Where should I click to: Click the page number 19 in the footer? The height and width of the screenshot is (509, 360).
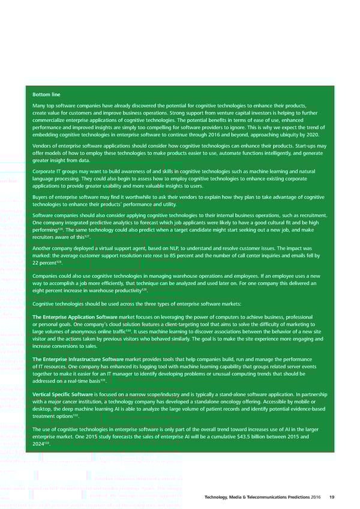pos(332,496)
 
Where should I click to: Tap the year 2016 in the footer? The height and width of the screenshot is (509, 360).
pos(317,496)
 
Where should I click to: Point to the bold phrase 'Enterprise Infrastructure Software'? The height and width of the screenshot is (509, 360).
pos(86,359)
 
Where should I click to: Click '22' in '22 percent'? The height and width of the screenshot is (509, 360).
pos(37,264)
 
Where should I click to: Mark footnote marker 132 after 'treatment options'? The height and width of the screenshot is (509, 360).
pos(76,414)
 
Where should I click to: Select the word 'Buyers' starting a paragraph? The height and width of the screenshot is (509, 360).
pos(41,197)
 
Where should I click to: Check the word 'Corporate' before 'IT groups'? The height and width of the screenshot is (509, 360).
pos(45,172)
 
